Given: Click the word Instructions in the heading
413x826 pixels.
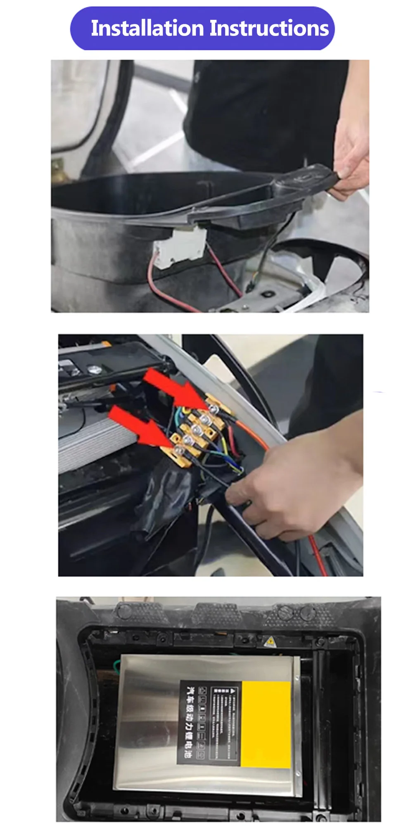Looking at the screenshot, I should tap(269, 28).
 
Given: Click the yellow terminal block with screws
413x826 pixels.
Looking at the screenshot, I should tap(198, 432).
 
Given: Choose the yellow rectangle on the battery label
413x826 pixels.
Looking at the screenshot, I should tap(266, 724).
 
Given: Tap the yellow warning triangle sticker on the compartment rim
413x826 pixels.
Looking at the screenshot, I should tap(270, 641).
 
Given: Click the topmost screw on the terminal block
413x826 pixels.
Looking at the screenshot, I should tap(213, 409).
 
